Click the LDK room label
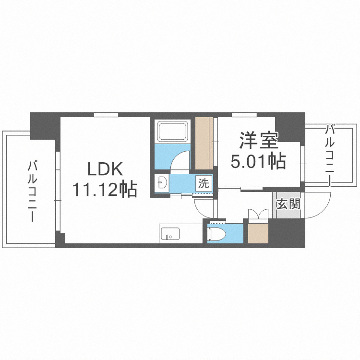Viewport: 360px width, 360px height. click(105, 169)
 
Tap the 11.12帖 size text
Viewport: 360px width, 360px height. click(105, 190)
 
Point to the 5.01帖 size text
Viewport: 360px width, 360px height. click(258, 161)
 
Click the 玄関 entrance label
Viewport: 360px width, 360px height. click(288, 204)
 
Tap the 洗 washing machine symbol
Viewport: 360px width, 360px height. click(204, 183)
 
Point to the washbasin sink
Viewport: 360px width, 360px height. click(163, 183)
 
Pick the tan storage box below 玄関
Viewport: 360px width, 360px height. click(258, 233)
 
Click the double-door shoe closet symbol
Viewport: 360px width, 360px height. click(258, 214)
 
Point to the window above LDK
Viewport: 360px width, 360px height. click(106, 114)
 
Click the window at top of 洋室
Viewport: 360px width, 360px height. click(244, 114)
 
